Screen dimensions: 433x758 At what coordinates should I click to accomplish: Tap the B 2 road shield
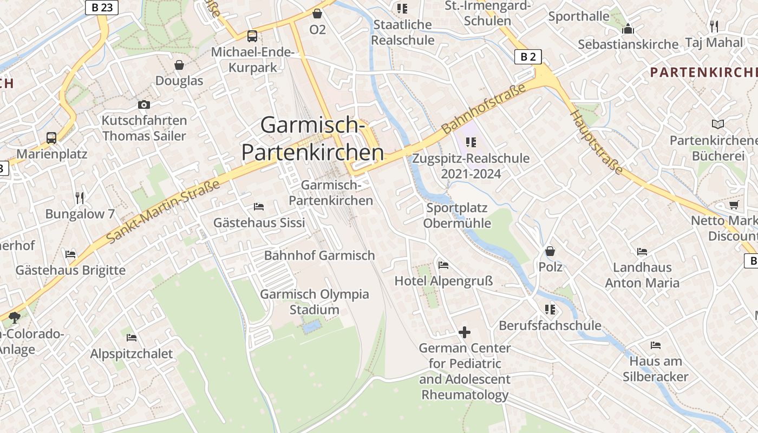click(528, 56)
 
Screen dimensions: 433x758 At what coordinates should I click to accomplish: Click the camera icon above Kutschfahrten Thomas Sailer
click(144, 104)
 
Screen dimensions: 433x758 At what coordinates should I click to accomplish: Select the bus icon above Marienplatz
click(51, 137)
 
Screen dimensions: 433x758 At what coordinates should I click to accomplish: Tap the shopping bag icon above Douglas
click(179, 65)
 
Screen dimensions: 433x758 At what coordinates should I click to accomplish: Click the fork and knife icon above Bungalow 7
click(80, 198)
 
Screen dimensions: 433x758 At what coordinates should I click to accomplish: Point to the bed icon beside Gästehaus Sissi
click(259, 207)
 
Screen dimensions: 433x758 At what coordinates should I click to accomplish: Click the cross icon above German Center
click(465, 332)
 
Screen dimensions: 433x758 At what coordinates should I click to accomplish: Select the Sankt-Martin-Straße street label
click(163, 211)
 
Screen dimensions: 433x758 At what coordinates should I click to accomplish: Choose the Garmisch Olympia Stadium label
click(315, 302)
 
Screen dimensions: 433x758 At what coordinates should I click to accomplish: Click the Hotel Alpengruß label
click(443, 281)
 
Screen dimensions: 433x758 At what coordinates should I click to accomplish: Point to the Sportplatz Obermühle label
click(457, 215)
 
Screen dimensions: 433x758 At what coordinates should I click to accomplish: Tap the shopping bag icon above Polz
click(550, 251)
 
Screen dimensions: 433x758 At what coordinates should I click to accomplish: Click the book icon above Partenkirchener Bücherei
click(718, 124)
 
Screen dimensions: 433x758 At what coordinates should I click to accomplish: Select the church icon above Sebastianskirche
click(628, 29)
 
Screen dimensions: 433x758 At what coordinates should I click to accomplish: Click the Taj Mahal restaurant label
click(714, 42)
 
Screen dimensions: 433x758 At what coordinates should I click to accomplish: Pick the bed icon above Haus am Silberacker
click(656, 345)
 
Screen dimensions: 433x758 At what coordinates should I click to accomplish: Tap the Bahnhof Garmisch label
click(319, 255)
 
